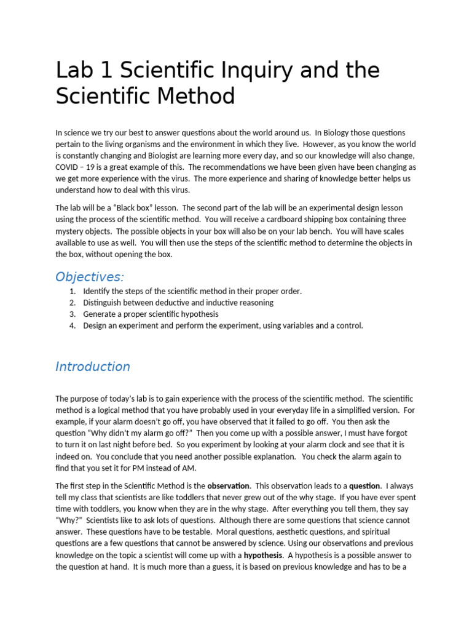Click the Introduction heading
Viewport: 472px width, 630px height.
click(x=93, y=367)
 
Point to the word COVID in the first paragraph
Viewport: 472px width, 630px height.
click(x=68, y=167)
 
